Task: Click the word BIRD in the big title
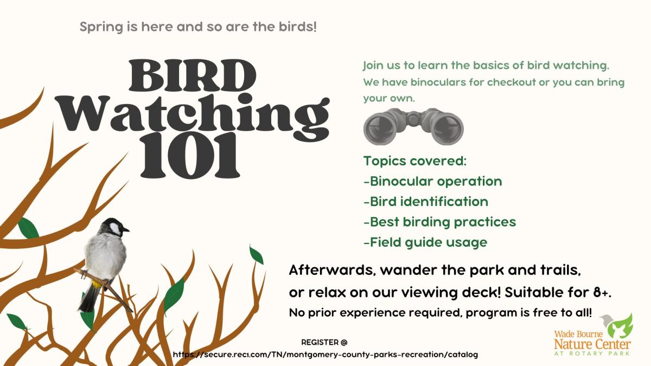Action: click(192, 75)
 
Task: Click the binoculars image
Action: click(413, 127)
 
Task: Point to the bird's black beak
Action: click(125, 230)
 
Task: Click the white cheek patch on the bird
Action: click(116, 229)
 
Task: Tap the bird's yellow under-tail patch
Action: click(97, 283)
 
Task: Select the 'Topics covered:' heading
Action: click(414, 161)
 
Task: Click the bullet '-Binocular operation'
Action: click(433, 181)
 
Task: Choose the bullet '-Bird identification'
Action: click(426, 202)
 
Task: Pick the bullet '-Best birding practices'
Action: click(440, 222)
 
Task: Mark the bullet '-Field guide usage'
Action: click(425, 242)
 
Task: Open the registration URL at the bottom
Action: click(325, 355)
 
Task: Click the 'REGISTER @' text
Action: click(324, 343)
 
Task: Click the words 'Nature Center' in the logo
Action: click(592, 344)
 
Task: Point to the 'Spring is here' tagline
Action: click(198, 27)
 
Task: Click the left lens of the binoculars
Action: click(381, 129)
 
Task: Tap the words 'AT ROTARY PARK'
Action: click(592, 354)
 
